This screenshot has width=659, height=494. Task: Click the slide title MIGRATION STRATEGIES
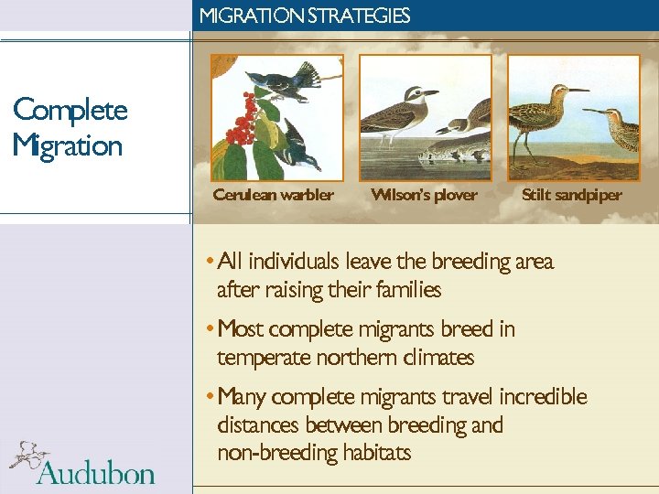click(305, 16)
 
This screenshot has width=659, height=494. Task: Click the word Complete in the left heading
click(70, 111)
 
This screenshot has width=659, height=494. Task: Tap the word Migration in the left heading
click(68, 145)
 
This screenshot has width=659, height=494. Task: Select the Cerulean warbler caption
click(273, 195)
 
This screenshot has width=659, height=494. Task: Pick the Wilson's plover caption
click(424, 195)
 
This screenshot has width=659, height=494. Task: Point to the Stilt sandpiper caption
click(571, 195)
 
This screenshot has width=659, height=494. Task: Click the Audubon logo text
click(96, 472)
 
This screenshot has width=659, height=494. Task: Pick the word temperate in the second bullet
click(260, 358)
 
